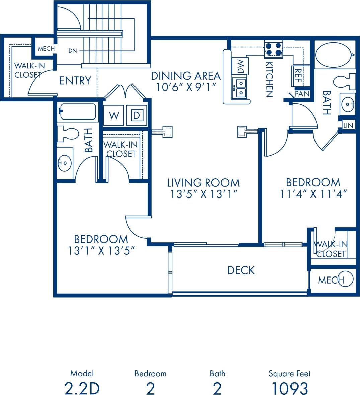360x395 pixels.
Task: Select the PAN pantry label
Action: click(302, 94)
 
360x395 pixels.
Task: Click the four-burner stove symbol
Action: click(274, 49)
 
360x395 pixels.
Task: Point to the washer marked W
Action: click(114, 116)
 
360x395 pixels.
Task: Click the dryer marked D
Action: click(137, 116)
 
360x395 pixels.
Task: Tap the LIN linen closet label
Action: click(348, 125)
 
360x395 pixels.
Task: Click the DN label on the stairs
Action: click(73, 51)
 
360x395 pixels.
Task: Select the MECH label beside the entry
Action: click(46, 49)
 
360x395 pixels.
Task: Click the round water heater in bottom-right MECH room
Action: click(346, 279)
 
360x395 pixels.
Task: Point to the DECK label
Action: click(241, 270)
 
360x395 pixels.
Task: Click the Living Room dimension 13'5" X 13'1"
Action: click(204, 194)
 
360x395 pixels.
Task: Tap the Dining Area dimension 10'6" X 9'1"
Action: click(186, 87)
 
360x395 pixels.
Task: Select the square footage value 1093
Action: click(289, 388)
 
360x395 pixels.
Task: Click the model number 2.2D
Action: click(82, 388)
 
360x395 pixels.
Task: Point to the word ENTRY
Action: click(75, 81)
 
